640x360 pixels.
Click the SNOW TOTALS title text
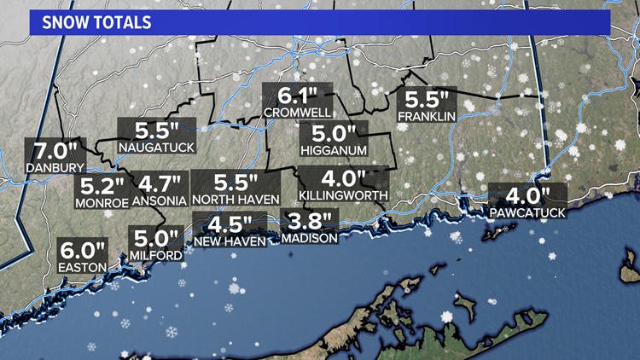[93, 20]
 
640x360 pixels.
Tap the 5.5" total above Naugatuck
[157, 131]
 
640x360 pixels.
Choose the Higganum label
[333, 150]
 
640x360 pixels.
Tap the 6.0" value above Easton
[83, 253]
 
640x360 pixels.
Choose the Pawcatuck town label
[527, 212]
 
